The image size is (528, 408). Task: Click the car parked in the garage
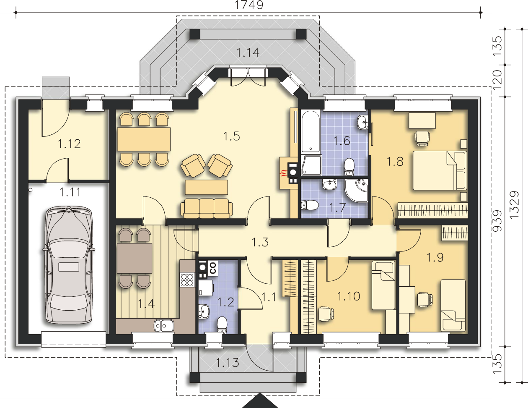[x=69, y=265]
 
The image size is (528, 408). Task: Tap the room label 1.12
[x=69, y=144]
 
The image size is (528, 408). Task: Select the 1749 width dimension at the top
[x=248, y=5]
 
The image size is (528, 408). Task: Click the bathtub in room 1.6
[x=311, y=131]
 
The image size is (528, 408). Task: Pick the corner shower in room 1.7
[x=357, y=191]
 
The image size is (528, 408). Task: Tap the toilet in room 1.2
[x=222, y=325]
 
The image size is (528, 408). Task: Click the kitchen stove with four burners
[x=187, y=279]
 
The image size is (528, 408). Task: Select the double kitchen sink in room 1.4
[x=164, y=326]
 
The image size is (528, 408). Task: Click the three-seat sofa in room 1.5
[x=206, y=208]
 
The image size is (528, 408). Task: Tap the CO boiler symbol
[x=212, y=268]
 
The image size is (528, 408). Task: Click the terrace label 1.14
[x=248, y=52]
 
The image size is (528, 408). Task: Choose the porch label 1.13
[x=228, y=363]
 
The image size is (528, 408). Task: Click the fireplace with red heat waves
[x=289, y=173]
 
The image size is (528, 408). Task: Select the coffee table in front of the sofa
[x=206, y=187]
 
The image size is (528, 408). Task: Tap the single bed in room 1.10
[x=383, y=285]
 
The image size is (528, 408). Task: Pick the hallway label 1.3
[x=260, y=242]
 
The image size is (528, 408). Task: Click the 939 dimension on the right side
[x=498, y=221]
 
